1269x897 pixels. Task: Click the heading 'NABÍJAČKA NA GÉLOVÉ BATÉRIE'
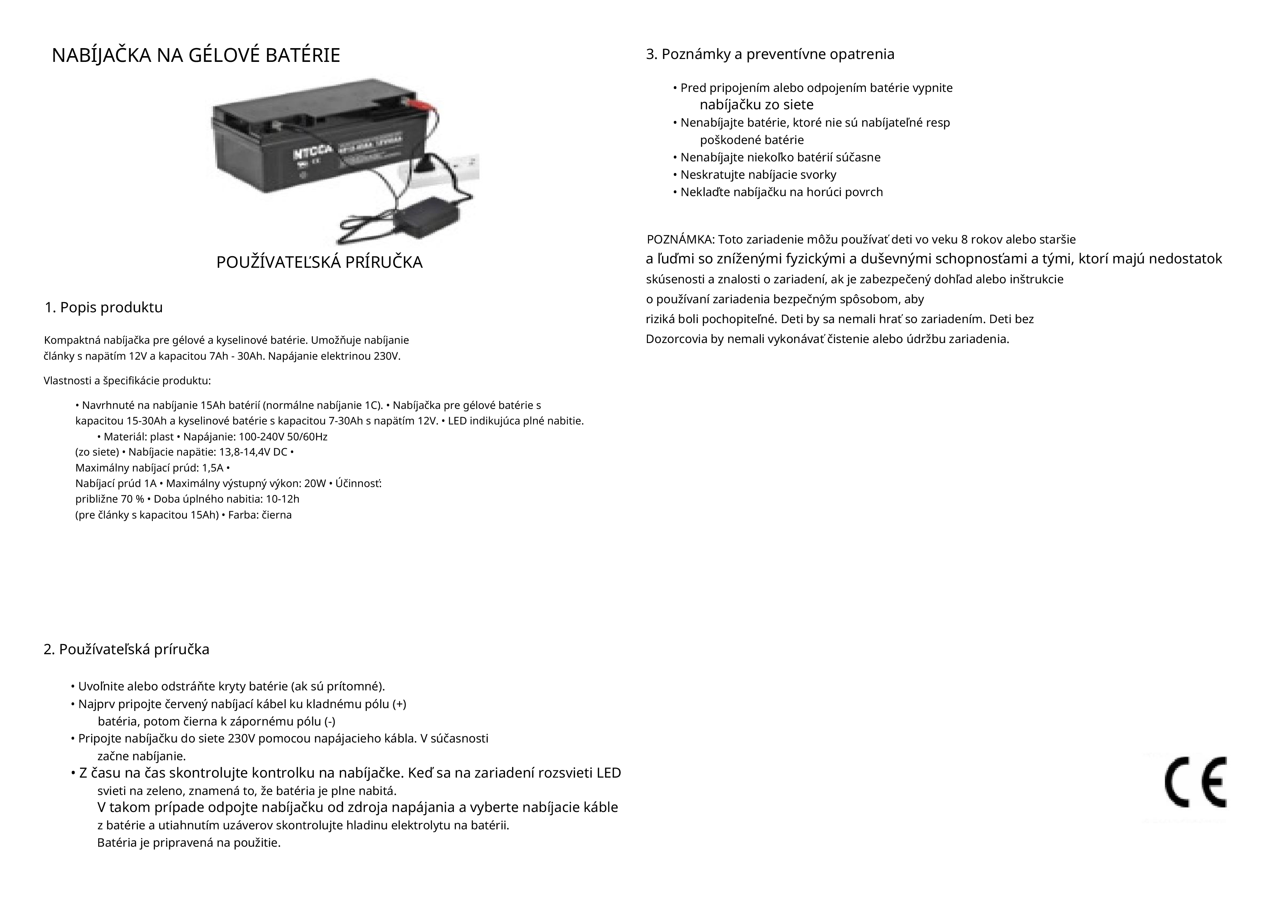click(x=196, y=56)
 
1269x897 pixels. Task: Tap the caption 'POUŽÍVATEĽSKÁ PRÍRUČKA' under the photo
click(x=319, y=262)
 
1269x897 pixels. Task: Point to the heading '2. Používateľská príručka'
click(x=126, y=650)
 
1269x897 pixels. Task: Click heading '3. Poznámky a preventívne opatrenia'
click(x=770, y=55)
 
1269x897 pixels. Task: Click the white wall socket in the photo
click(x=453, y=166)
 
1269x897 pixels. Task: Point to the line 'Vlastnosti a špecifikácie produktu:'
click(x=127, y=381)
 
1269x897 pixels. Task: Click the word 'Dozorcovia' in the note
click(x=676, y=339)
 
